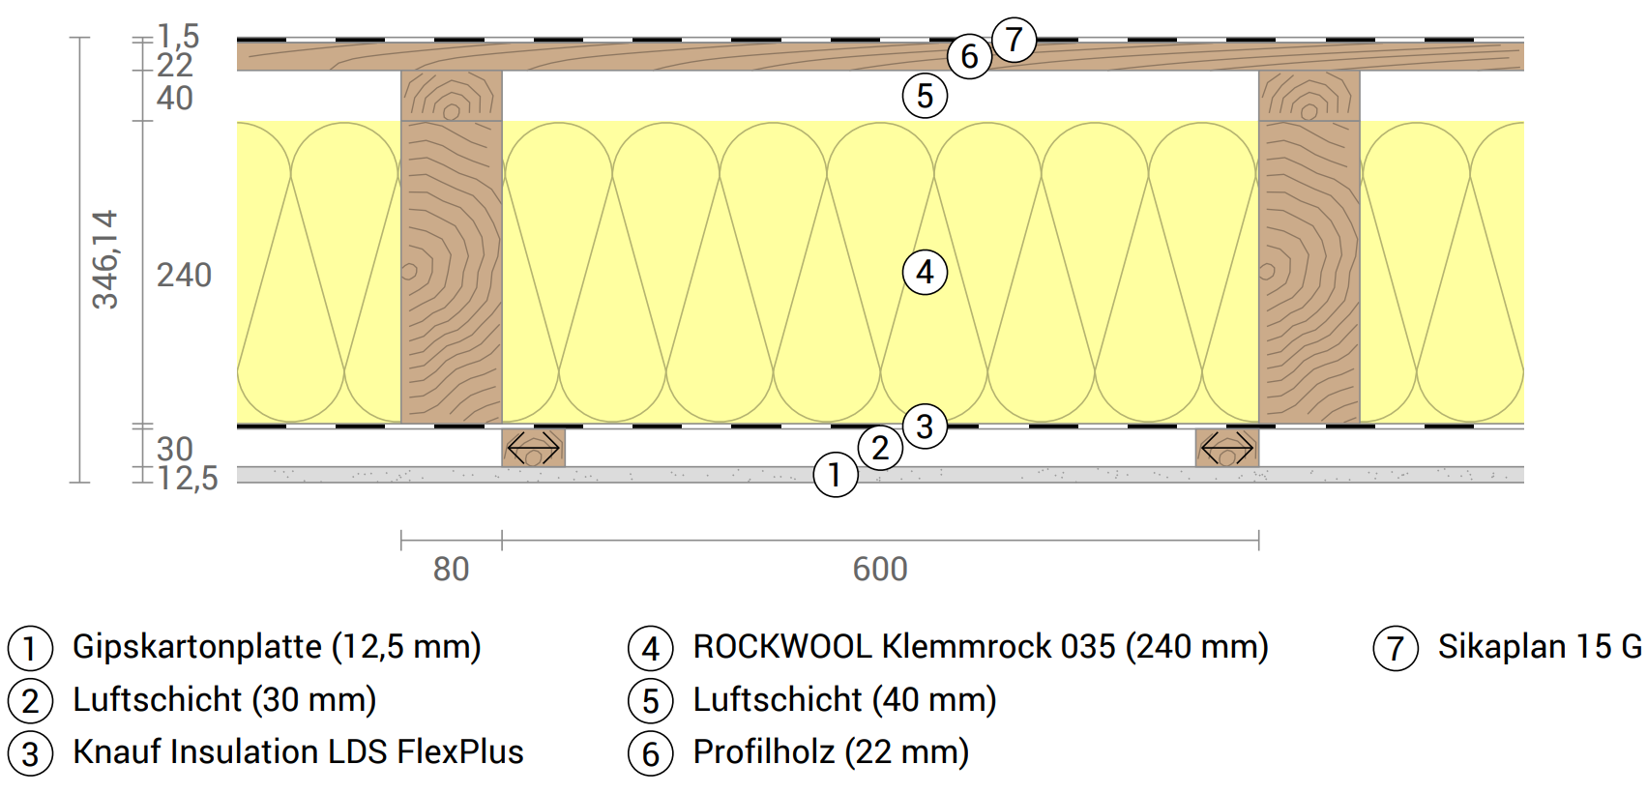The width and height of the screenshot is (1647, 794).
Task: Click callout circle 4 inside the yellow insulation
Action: pyautogui.click(x=925, y=273)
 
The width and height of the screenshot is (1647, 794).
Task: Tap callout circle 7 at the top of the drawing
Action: pyautogui.click(x=1014, y=40)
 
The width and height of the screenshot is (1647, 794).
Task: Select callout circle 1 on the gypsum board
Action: pyautogui.click(x=836, y=475)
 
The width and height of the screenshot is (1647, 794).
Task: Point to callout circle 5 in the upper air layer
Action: pyautogui.click(x=925, y=96)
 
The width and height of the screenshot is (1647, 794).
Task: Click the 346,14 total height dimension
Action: pyautogui.click(x=104, y=259)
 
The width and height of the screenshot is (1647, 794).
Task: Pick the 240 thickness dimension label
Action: pyautogui.click(x=184, y=276)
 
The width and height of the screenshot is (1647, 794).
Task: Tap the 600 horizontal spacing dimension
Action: pyautogui.click(x=880, y=569)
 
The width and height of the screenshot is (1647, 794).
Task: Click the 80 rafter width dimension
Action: pyautogui.click(x=451, y=569)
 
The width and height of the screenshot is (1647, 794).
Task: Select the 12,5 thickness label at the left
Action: pyautogui.click(x=188, y=478)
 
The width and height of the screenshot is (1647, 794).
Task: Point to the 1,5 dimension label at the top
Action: pyautogui.click(x=178, y=37)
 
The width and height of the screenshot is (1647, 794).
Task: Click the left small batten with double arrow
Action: pyautogui.click(x=533, y=448)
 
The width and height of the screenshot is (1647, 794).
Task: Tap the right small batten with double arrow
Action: pyautogui.click(x=1226, y=448)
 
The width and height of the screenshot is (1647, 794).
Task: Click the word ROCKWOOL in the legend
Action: pyautogui.click(x=782, y=646)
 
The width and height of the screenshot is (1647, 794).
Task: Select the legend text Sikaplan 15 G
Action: pyautogui.click(x=1539, y=646)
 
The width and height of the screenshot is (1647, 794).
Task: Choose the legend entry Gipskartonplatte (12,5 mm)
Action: pyautogui.click(x=277, y=646)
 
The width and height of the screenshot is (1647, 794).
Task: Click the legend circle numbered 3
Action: pyautogui.click(x=30, y=753)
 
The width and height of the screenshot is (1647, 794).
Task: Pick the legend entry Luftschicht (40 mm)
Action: pyautogui.click(x=844, y=699)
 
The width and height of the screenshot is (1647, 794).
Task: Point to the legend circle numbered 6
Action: pyautogui.click(x=651, y=753)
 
